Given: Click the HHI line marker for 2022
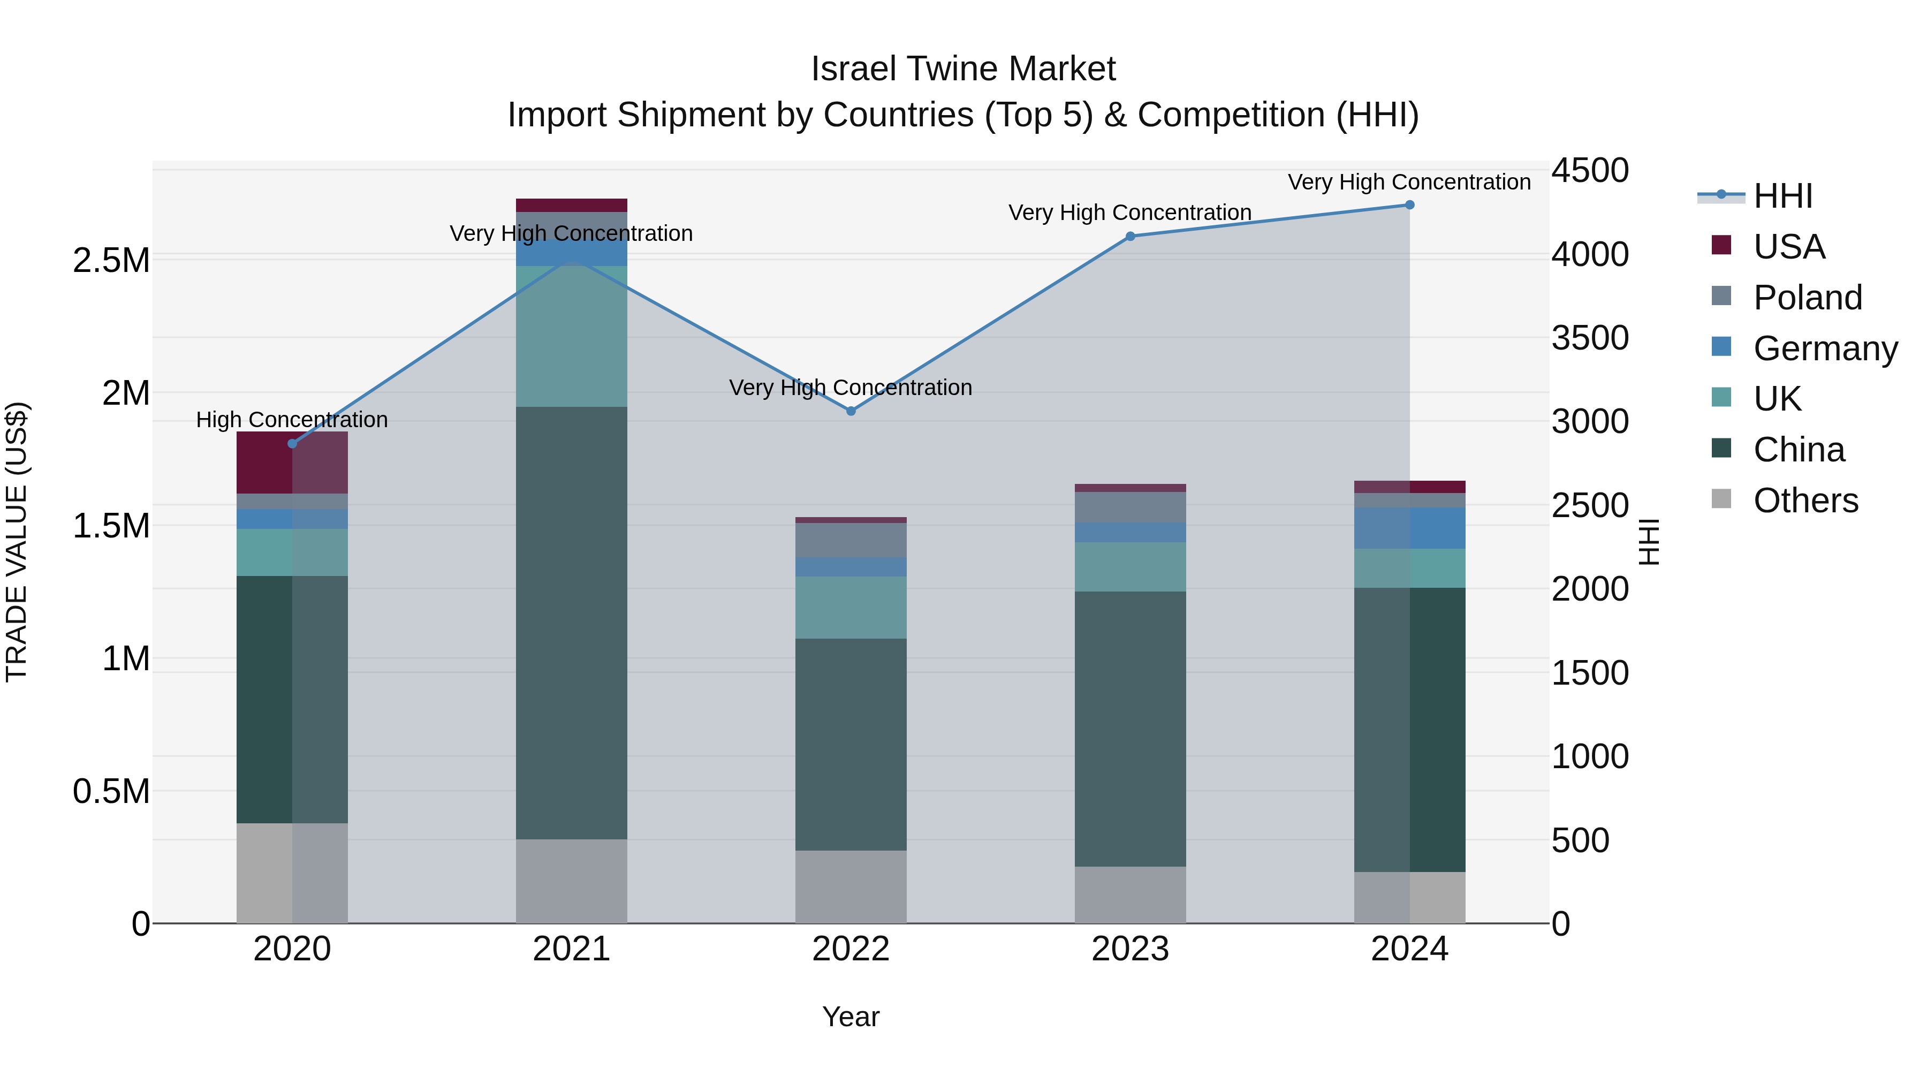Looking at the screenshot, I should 851,411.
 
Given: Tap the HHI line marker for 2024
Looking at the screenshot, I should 1409,204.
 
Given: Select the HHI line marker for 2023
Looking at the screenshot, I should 1131,237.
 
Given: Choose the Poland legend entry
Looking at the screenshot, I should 1807,297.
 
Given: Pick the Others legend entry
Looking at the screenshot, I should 1804,500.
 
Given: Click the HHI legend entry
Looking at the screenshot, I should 1782,195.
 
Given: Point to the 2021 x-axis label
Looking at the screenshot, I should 572,949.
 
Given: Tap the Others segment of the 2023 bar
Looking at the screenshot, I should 1131,894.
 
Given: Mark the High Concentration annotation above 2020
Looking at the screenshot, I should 292,420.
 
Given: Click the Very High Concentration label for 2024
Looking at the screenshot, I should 1409,182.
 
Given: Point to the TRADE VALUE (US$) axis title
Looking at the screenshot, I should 17,542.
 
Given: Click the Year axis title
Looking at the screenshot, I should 851,1017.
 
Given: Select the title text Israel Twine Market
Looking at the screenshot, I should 963,69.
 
